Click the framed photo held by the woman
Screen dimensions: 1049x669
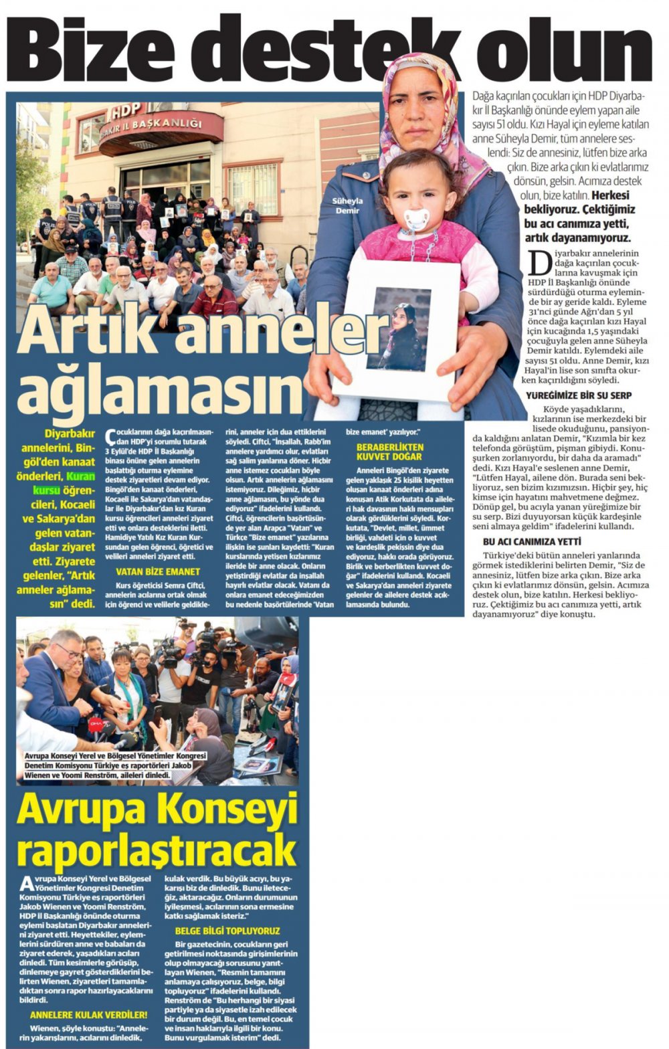tap(399, 330)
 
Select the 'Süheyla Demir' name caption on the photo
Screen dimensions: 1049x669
tap(347, 205)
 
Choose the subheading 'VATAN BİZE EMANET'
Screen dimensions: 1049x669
tap(158, 571)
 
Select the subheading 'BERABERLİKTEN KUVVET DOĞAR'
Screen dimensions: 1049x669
tap(389, 452)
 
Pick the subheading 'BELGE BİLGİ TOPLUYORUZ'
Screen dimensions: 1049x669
tap(227, 931)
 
